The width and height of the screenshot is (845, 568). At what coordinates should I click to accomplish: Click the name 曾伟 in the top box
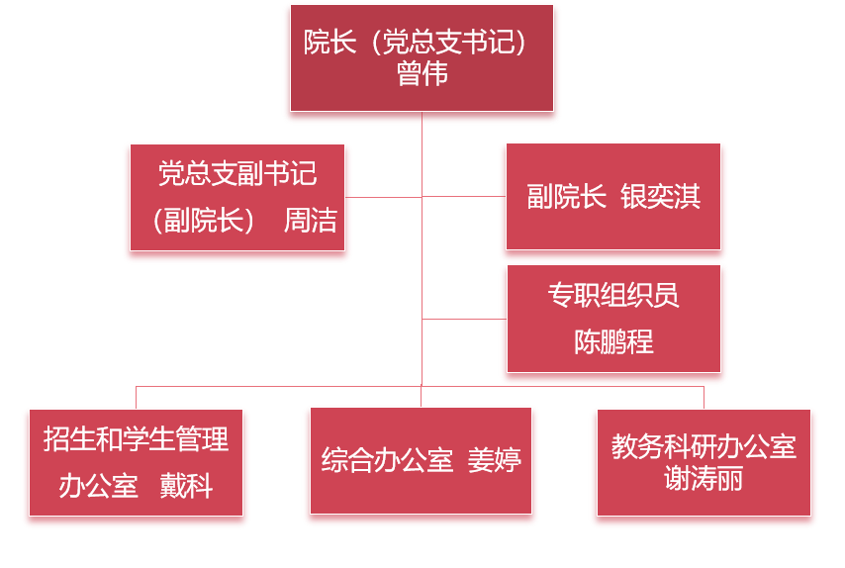(422, 74)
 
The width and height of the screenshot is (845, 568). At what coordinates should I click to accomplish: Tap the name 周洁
(311, 220)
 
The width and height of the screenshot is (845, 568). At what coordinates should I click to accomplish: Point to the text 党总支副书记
(237, 173)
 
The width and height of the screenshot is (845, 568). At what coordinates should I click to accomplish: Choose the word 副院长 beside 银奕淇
(566, 197)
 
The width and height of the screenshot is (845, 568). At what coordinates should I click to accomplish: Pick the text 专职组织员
(613, 295)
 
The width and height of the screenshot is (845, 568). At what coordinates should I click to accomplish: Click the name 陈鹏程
(613, 342)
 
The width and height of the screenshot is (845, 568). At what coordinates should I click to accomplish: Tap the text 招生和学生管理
(136, 438)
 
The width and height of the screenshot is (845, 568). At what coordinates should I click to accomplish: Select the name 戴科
(187, 487)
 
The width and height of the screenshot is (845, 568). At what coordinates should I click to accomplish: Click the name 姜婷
(494, 460)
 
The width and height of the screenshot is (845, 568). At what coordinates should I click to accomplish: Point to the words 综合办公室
(387, 460)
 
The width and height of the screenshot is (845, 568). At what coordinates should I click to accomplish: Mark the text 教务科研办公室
(704, 446)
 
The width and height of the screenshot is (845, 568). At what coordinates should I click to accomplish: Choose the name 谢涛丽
(704, 480)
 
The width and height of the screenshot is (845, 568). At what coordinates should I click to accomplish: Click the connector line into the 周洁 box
(386, 197)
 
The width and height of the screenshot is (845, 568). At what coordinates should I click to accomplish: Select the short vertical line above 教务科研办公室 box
(704, 396)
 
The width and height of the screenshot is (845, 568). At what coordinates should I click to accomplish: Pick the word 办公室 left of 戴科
(98, 487)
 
